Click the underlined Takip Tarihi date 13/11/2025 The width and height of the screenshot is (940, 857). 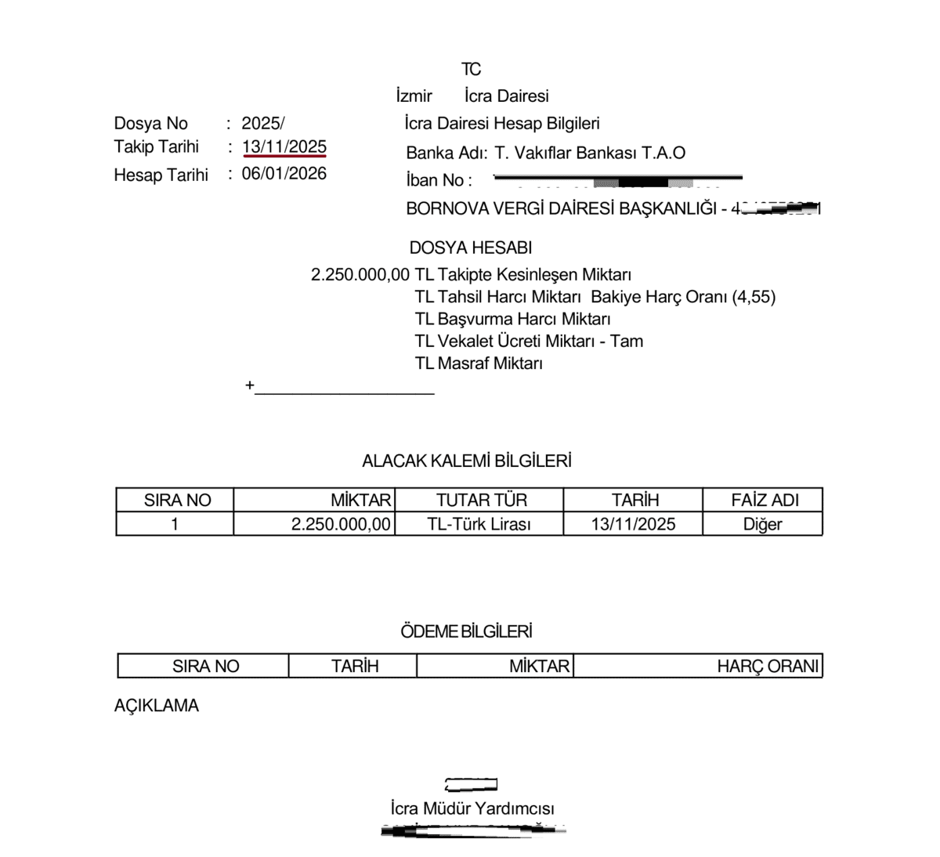(284, 147)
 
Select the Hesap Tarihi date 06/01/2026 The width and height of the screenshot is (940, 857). (284, 174)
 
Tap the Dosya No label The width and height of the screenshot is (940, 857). (150, 124)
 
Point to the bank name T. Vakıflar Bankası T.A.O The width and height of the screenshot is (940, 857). (589, 153)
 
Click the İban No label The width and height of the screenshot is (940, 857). (439, 180)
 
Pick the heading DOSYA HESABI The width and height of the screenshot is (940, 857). (470, 248)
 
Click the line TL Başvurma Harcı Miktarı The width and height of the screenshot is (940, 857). (512, 320)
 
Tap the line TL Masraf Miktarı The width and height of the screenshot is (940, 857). (479, 363)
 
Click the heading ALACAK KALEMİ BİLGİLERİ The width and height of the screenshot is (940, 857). (466, 461)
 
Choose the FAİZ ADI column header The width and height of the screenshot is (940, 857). (764, 500)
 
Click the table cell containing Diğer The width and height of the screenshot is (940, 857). (762, 524)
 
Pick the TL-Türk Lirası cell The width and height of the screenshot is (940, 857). (479, 524)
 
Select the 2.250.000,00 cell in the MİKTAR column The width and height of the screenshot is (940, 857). (341, 524)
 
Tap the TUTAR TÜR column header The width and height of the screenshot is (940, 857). (481, 500)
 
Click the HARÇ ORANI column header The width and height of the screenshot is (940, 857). (767, 667)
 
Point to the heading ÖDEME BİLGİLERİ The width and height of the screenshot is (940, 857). (466, 631)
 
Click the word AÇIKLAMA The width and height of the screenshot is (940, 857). (156, 706)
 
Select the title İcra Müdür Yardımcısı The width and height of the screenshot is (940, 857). (472, 808)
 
